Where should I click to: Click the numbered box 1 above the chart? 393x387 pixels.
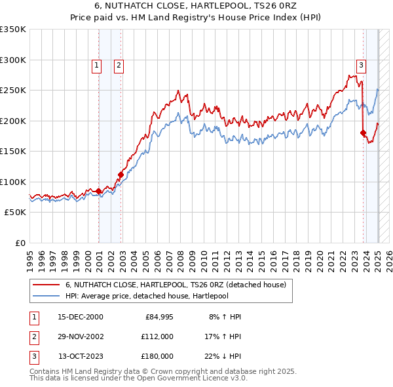point(96,65)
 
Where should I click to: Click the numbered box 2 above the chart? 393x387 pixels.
point(119,65)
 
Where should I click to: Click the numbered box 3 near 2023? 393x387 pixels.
point(361,65)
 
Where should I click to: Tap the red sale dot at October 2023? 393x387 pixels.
point(364,133)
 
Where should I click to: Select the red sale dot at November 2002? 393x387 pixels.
point(121,174)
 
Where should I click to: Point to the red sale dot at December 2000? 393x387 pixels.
point(98,191)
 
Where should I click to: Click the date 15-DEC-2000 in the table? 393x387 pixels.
point(81,317)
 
